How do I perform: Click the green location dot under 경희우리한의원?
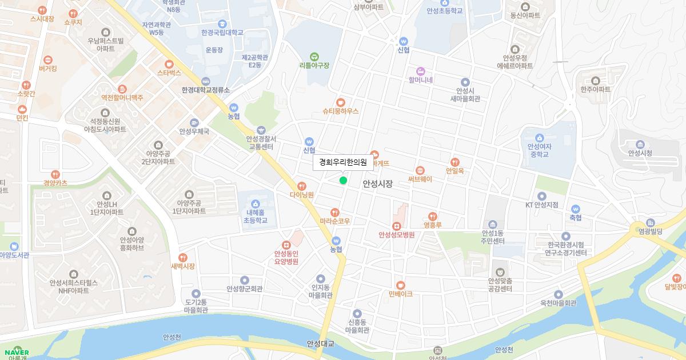pyautogui.click(x=343, y=181)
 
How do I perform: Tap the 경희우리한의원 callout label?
pyautogui.click(x=343, y=162)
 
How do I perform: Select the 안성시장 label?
pyautogui.click(x=378, y=184)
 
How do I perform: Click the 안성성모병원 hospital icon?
pyautogui.click(x=396, y=226)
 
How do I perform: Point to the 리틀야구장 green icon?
pyautogui.click(x=314, y=56)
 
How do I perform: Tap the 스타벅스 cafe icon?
pyautogui.click(x=169, y=64)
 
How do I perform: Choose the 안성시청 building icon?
pyautogui.click(x=640, y=143)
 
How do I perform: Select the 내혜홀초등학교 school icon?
pyautogui.click(x=254, y=203)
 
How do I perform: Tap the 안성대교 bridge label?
pyautogui.click(x=320, y=343)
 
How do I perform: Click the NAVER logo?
pyautogui.click(x=16, y=352)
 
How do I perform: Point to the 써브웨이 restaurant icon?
pyautogui.click(x=420, y=170)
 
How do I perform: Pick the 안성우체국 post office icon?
pyautogui.click(x=194, y=122)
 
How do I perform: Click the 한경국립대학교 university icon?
pyautogui.click(x=222, y=23)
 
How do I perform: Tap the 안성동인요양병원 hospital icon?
pyautogui.click(x=286, y=245)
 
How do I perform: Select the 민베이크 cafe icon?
pyautogui.click(x=400, y=285)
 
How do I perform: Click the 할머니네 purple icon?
pyautogui.click(x=421, y=71)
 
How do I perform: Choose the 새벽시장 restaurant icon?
pyautogui.click(x=183, y=257)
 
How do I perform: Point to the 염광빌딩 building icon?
pyautogui.click(x=651, y=222)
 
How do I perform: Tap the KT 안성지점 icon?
pyautogui.click(x=541, y=196)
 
